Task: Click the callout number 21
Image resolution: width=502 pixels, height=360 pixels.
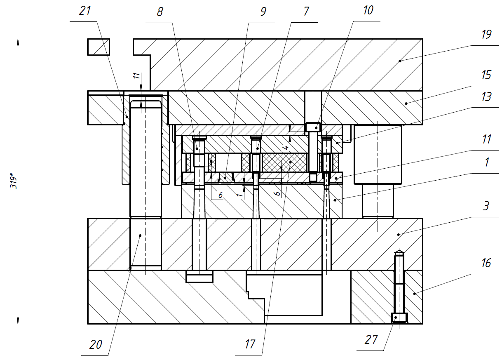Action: click(85, 11)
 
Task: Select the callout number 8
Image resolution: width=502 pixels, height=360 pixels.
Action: click(160, 12)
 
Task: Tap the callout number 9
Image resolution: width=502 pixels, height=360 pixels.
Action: click(263, 12)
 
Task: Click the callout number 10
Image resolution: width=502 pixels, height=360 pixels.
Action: click(368, 10)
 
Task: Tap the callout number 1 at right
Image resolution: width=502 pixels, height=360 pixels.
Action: click(486, 162)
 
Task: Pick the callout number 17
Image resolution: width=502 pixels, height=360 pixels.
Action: click(250, 344)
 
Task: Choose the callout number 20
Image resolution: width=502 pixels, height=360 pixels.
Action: click(96, 345)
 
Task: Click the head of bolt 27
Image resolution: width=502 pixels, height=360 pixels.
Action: click(399, 318)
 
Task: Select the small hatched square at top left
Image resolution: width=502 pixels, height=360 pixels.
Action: click(98, 47)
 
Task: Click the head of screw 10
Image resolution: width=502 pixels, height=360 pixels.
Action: click(313, 127)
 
